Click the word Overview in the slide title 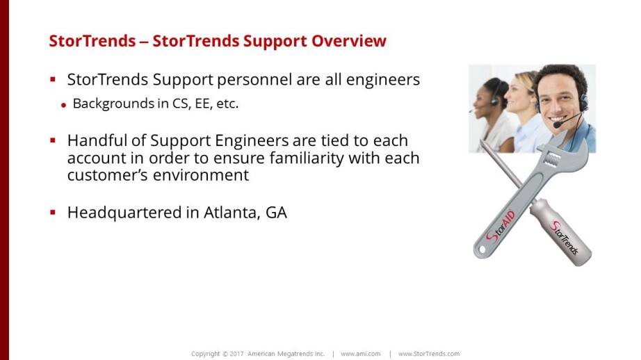(x=349, y=41)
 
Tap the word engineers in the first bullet (x=383, y=80)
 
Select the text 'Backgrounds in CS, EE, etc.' (x=155, y=104)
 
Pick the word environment (x=201, y=175)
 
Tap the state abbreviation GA (x=276, y=213)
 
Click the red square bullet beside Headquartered (x=53, y=212)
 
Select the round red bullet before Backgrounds (x=63, y=105)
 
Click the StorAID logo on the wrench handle (x=501, y=227)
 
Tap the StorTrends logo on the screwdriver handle (x=565, y=237)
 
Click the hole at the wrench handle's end (x=482, y=249)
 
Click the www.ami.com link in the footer (x=361, y=354)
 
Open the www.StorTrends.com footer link (x=429, y=354)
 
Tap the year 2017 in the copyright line (x=236, y=354)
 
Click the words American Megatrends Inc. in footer (x=286, y=354)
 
